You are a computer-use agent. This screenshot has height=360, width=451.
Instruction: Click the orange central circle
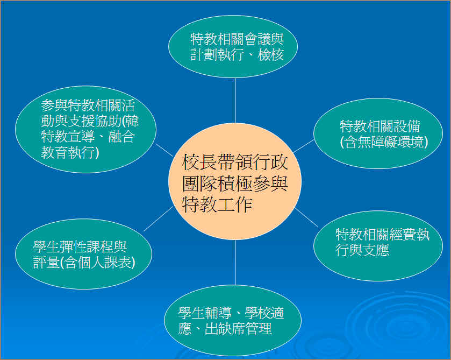click(x=235, y=181)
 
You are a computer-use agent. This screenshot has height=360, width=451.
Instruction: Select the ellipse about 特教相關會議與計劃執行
click(x=233, y=47)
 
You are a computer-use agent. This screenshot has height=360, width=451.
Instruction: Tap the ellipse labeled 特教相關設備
click(x=378, y=133)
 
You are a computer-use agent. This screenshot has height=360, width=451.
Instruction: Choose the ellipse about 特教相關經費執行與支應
click(x=378, y=246)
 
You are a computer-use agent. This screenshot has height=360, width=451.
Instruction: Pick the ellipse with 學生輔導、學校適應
click(x=233, y=320)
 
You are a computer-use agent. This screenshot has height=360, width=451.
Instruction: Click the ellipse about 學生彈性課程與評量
click(x=83, y=254)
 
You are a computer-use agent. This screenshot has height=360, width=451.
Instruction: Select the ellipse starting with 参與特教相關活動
click(x=85, y=129)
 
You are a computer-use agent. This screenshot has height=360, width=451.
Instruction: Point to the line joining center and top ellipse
click(x=235, y=101)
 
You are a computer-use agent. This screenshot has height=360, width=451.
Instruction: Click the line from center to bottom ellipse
click(x=235, y=263)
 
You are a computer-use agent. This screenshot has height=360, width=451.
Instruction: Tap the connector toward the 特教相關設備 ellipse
click(x=303, y=146)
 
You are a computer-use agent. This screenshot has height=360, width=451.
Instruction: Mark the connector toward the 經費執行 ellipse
click(x=306, y=217)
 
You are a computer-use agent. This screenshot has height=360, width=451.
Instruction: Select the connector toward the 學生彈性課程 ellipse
click(x=159, y=218)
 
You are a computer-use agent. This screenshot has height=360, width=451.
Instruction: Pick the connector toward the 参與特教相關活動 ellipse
click(x=164, y=150)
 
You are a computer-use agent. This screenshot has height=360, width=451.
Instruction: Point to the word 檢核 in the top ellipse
click(x=271, y=55)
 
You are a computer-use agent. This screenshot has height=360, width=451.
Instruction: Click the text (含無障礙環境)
click(x=384, y=142)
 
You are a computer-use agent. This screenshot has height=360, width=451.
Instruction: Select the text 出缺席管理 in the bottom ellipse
click(x=239, y=328)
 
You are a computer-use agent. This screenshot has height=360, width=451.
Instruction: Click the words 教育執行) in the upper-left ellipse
click(x=70, y=152)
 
